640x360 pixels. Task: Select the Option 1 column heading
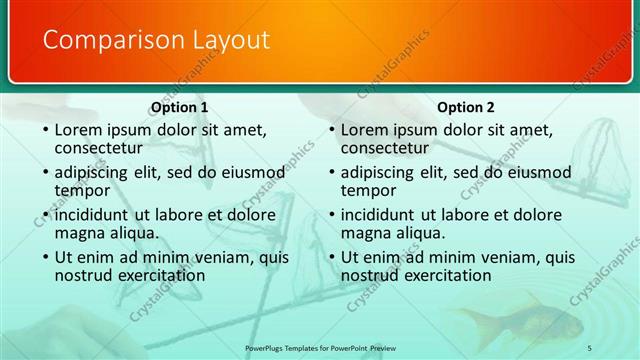pos(179,108)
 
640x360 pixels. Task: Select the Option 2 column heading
pos(465,108)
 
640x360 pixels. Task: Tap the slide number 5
pos(590,347)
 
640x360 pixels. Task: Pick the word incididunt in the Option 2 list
pos(378,215)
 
